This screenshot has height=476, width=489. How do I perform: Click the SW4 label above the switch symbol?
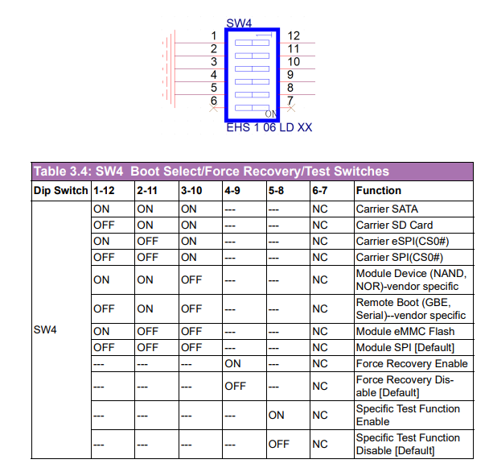239,23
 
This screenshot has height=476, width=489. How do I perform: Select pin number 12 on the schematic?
294,35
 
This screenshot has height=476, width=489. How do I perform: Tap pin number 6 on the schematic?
214,101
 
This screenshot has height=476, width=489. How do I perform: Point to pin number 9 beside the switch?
290,75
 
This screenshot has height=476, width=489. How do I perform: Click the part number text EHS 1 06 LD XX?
269,127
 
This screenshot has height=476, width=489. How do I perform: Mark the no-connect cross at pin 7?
291,108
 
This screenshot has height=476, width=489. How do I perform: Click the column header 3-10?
191,191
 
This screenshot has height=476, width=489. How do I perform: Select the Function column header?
379,191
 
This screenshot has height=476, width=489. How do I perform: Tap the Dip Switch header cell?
61,191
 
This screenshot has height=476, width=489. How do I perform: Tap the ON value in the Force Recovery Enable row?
232,363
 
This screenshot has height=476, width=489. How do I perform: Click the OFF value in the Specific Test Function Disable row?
279,444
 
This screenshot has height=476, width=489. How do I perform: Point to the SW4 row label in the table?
45,330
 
